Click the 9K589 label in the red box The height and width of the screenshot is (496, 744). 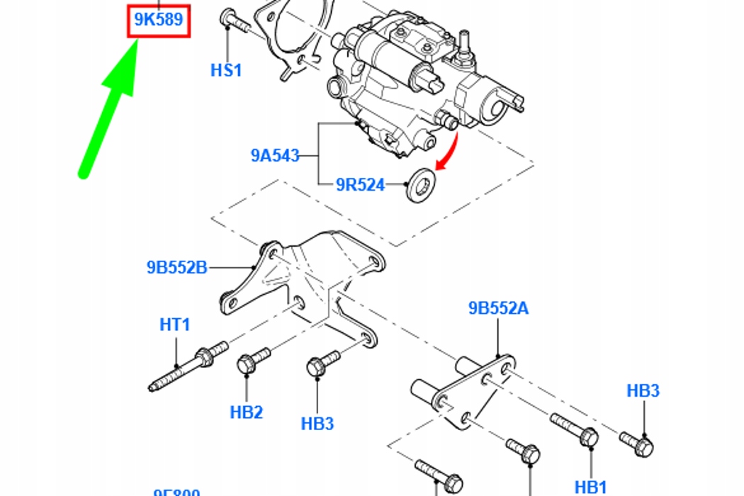coord(159,21)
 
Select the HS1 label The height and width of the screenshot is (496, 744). coord(227,70)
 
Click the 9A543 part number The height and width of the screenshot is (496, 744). coord(275,155)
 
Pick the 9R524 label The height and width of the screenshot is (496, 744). coord(360,186)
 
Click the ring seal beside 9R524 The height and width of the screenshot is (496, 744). coord(422,184)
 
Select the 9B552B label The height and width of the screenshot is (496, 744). coord(177,268)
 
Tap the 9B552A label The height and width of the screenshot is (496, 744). coord(498,308)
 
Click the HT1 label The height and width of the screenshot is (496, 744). coord(175,325)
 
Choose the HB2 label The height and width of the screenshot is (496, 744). coord(247,412)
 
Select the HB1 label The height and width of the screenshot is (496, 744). coord(590,487)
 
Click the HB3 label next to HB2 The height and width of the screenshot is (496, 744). coord(317,424)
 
